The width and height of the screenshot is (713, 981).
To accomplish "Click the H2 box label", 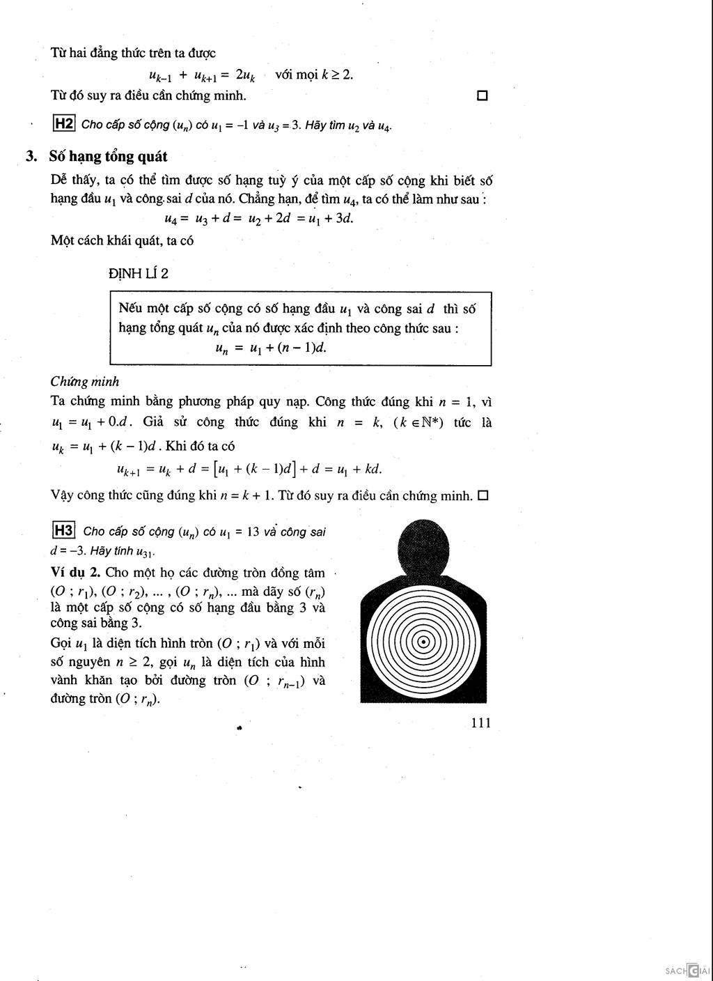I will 64,124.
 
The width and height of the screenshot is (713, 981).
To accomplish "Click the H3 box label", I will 64,531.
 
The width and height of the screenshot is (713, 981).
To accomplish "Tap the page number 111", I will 480,723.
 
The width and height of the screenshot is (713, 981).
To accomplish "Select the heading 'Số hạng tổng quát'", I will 108,156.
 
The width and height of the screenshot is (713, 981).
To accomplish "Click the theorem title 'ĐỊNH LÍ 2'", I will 139,273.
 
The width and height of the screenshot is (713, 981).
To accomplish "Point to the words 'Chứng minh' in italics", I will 85,381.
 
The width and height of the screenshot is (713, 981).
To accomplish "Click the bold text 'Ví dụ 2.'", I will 76,573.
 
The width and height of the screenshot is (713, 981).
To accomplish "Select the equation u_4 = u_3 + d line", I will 259,218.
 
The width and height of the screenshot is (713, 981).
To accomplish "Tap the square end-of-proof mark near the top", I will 482,95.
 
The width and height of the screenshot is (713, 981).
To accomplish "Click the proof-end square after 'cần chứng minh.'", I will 483,496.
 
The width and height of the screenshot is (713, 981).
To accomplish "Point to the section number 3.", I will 31,156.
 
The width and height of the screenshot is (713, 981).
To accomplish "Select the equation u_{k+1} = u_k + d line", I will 249,469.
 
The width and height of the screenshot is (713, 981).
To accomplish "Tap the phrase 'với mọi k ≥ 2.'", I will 314,75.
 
